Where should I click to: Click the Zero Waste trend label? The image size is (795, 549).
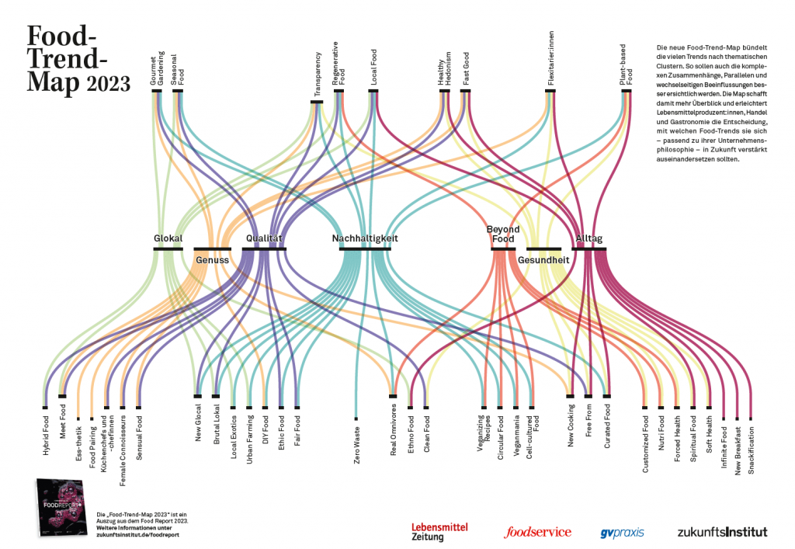357,445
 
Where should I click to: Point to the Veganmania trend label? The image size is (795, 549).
516,438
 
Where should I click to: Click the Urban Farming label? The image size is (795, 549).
249,440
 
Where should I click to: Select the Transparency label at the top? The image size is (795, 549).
318,75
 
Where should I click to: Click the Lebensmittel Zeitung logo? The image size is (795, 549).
439,531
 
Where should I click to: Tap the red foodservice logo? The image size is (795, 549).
537,532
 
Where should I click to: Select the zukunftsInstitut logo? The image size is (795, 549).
721,532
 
